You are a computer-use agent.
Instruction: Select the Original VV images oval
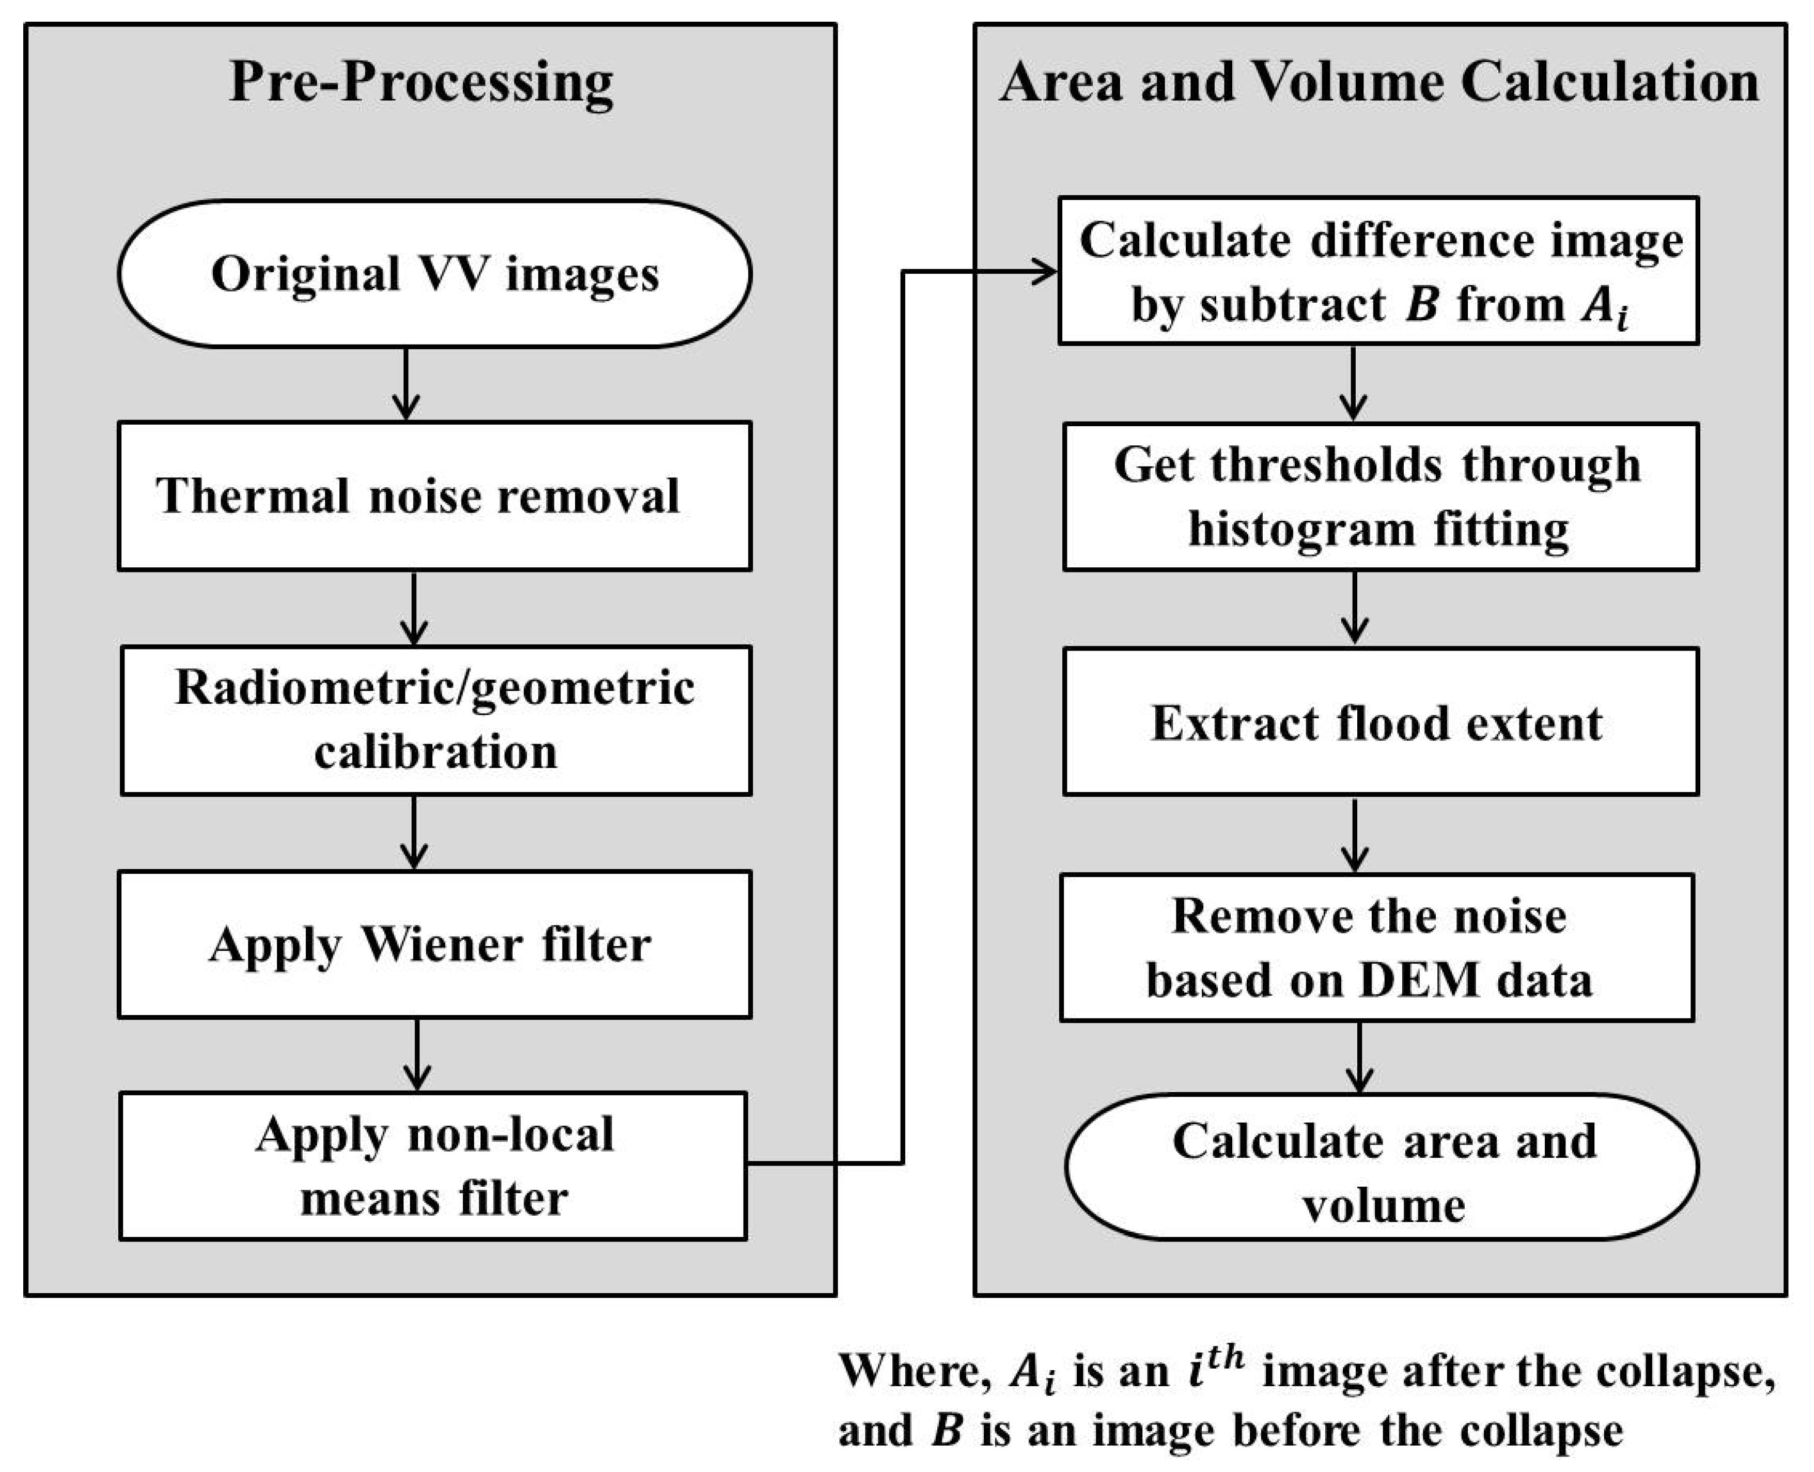point(434,274)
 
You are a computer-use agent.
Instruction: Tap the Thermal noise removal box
point(434,496)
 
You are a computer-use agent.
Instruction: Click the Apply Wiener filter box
point(434,944)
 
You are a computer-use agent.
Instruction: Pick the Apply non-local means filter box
point(432,1166)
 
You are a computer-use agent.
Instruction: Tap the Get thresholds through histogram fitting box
point(1381,497)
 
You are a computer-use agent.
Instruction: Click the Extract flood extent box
point(1381,722)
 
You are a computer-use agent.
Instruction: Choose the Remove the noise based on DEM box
point(1377,947)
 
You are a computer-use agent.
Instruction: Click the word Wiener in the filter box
point(441,944)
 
